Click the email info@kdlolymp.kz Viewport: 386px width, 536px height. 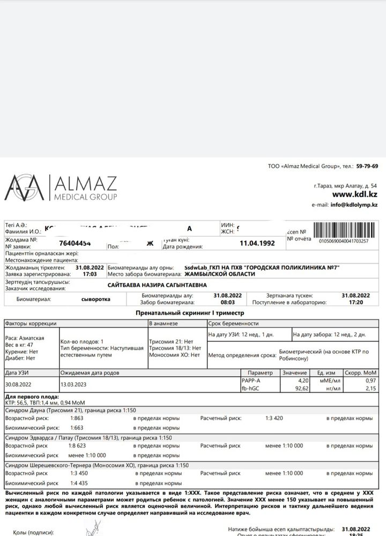tap(354, 205)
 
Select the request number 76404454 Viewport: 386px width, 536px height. tap(75, 243)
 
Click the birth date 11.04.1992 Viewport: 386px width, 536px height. tap(257, 243)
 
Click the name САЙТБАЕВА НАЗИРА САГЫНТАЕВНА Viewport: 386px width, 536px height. tap(157, 285)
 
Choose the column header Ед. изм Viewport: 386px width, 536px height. tap(326, 373)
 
